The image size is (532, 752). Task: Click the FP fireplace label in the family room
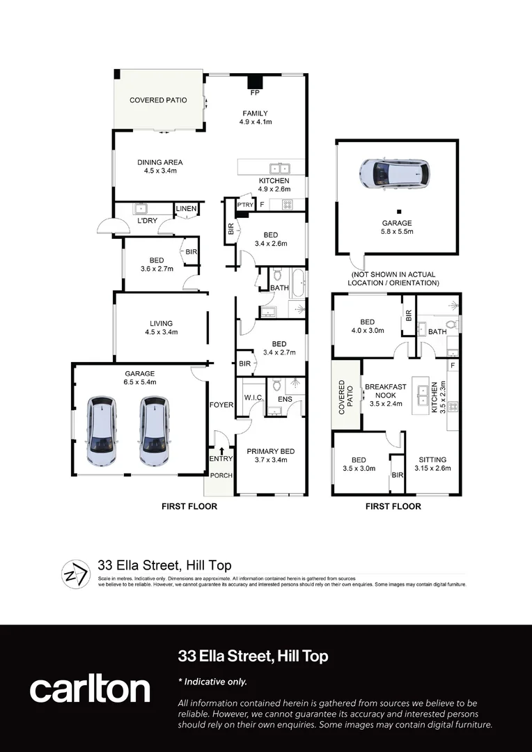tap(255, 91)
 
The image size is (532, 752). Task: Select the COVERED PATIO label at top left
tap(158, 100)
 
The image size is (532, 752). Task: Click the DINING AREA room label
tap(159, 162)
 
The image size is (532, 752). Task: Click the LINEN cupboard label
tap(186, 209)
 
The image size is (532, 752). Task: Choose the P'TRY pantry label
tap(244, 205)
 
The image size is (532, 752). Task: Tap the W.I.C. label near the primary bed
tap(251, 399)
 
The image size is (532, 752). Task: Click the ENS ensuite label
tap(285, 399)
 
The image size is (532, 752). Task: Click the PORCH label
tap(221, 476)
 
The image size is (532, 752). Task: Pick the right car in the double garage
tap(153, 431)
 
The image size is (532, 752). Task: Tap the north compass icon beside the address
tap(75, 572)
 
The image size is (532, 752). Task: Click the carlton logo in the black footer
tap(90, 689)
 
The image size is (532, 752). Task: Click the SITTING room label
tap(432, 460)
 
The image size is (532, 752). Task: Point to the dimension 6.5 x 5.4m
tap(139, 382)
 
